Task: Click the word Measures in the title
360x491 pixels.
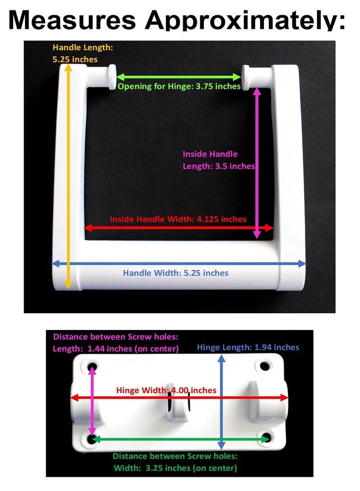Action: [x=72, y=20]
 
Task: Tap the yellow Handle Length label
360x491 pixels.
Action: [x=83, y=53]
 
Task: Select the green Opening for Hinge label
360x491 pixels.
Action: [x=179, y=86]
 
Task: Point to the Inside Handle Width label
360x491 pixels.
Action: [x=178, y=219]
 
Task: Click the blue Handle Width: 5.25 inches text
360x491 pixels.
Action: [x=175, y=273]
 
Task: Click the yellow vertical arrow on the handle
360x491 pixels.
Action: [x=68, y=176]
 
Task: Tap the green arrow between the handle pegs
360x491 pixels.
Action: [x=179, y=77]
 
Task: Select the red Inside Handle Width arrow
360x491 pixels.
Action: [x=179, y=227]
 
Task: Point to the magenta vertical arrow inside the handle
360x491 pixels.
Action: [x=257, y=163]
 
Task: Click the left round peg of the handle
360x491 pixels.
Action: [x=112, y=77]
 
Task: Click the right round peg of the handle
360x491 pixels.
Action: [x=246, y=77]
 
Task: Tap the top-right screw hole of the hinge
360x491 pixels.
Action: [x=265, y=366]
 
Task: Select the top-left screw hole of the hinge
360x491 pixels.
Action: [x=92, y=366]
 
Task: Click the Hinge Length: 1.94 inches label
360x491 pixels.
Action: [x=248, y=348]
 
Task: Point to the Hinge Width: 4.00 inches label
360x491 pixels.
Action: [x=166, y=390]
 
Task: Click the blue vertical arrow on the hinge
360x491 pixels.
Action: [x=221, y=402]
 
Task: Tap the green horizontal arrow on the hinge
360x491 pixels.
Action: [x=181, y=439]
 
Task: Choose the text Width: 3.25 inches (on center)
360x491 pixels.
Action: [x=175, y=468]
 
